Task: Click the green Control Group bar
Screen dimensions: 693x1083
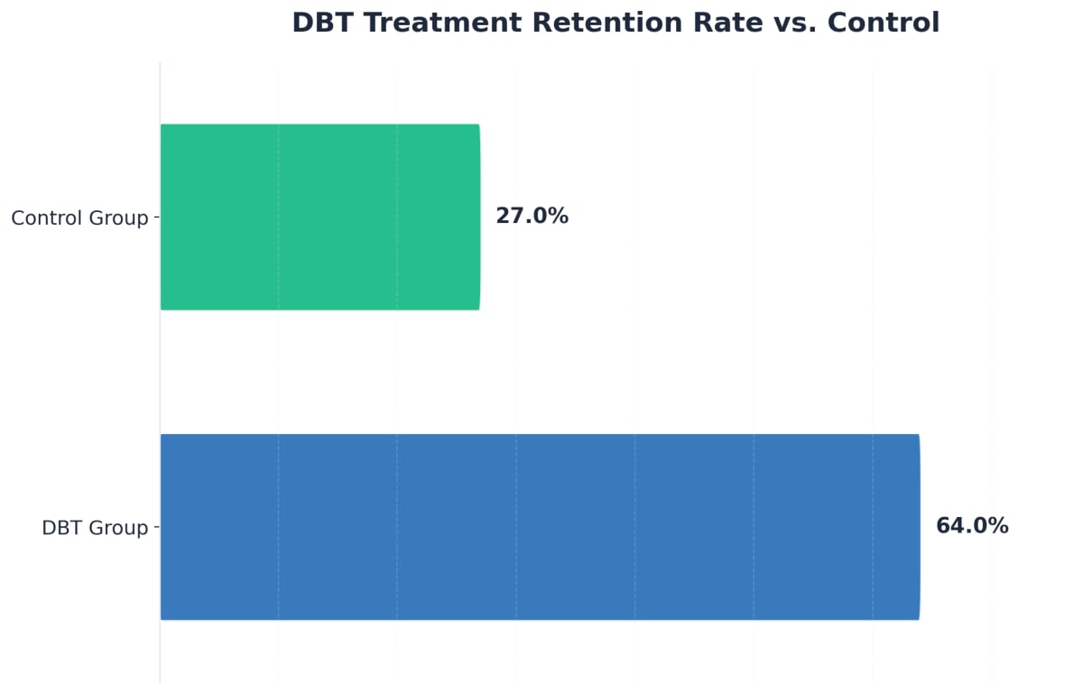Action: click(320, 217)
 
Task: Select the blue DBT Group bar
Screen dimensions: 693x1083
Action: click(540, 527)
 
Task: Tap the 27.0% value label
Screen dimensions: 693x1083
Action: click(532, 217)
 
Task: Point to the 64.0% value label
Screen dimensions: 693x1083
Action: click(972, 526)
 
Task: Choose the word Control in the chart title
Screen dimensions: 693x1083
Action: click(884, 23)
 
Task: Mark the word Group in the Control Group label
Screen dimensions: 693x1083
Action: click(118, 217)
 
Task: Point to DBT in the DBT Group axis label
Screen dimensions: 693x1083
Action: click(61, 528)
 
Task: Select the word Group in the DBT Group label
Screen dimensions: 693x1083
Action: click(118, 528)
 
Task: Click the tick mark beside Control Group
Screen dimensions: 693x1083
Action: click(157, 217)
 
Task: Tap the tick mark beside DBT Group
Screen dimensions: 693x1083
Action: click(157, 527)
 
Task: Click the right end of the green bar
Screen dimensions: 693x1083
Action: click(478, 217)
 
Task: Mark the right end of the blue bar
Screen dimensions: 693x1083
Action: click(918, 527)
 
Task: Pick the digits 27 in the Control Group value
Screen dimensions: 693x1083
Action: click(508, 217)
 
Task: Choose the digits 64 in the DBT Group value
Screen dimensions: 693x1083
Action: click(949, 526)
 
